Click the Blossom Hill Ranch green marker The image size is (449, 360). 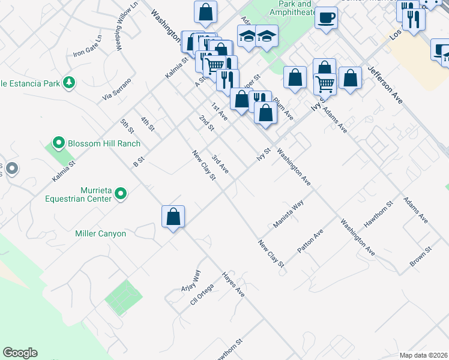click(x=58, y=143)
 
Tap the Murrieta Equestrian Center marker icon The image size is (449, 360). click(x=121, y=193)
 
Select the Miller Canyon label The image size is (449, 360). click(x=100, y=233)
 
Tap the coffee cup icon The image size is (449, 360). click(x=326, y=18)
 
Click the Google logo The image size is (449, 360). click(x=20, y=353)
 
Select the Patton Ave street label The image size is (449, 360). click(x=310, y=240)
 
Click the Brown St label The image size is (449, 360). click(x=420, y=256)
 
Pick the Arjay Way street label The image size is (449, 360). click(x=192, y=280)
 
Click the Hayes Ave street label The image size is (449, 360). click(x=233, y=284)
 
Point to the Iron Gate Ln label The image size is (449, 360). click(x=88, y=46)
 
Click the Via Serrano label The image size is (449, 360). click(x=116, y=88)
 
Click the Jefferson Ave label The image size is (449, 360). click(x=385, y=86)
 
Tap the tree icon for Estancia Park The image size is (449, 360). click(x=70, y=82)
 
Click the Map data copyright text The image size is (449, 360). click(x=423, y=355)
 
